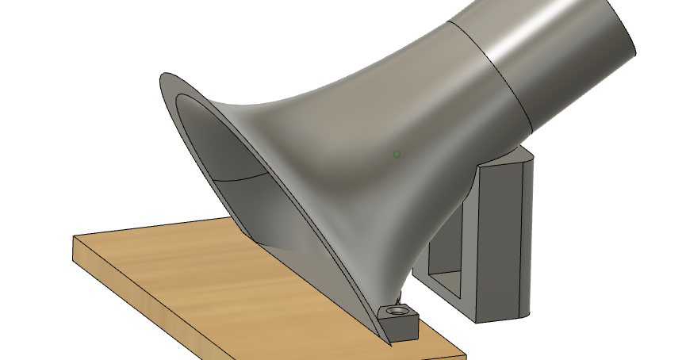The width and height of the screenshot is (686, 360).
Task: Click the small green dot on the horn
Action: [397, 154]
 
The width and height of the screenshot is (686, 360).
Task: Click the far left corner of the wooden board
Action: [74, 237]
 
